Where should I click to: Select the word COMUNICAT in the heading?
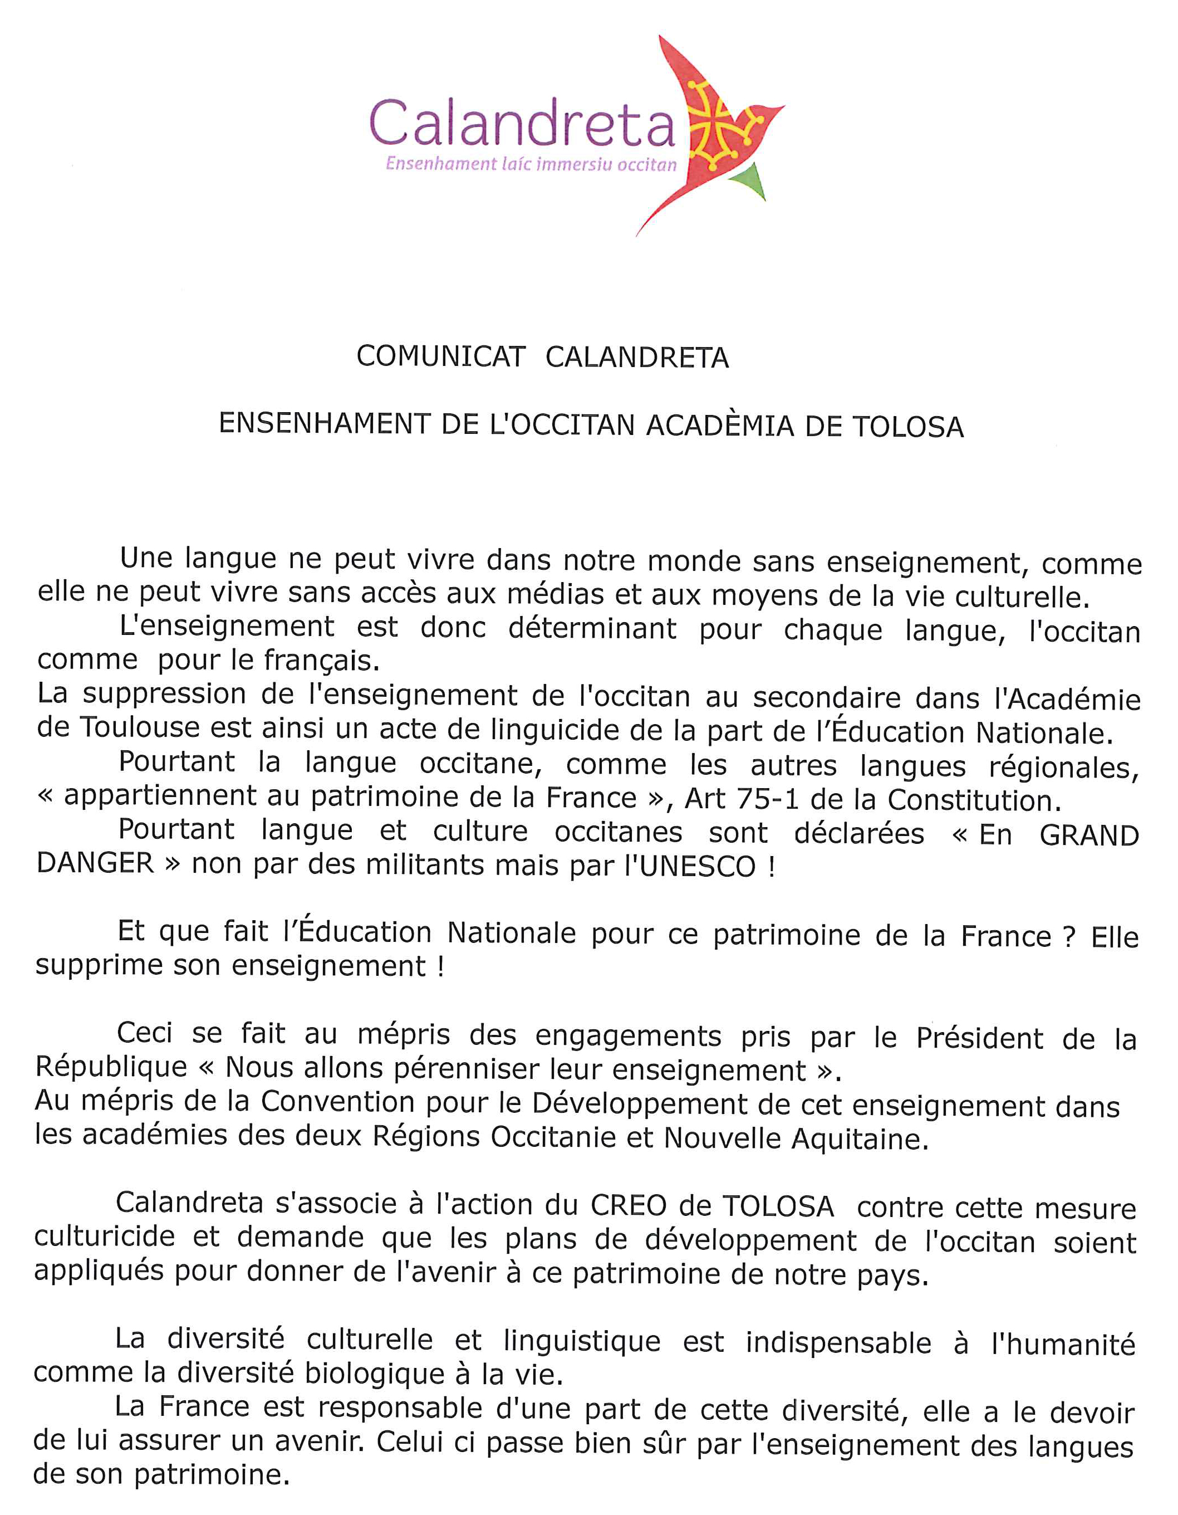click(x=440, y=356)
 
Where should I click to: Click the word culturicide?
click(x=105, y=1236)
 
